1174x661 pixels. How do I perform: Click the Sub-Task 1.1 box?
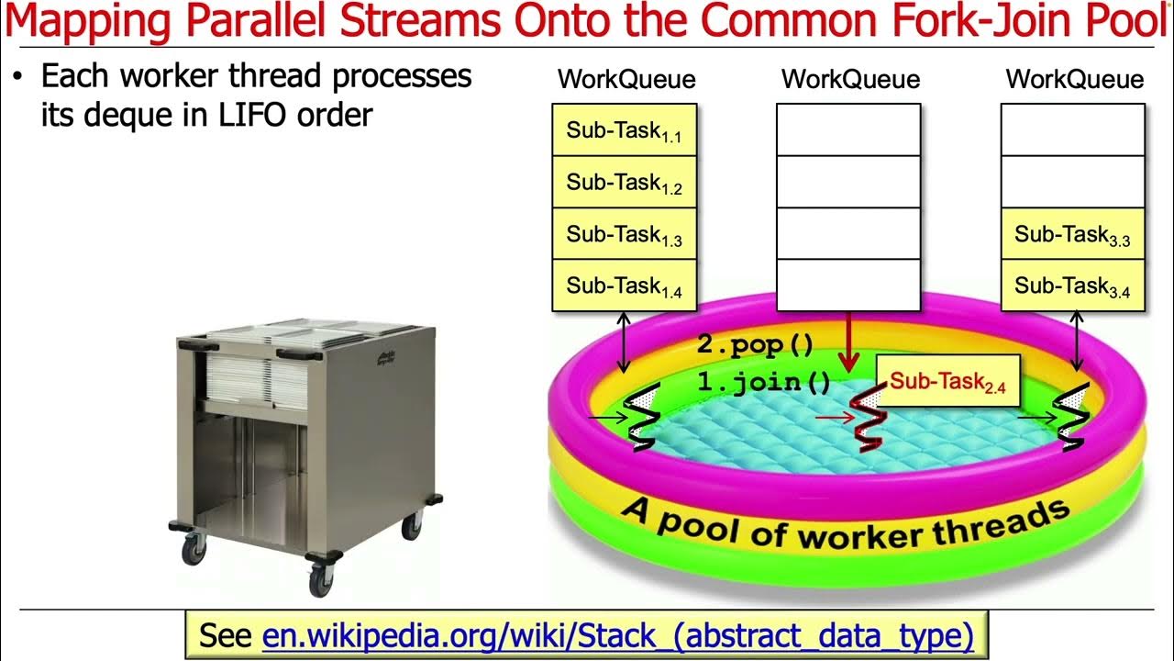click(x=624, y=130)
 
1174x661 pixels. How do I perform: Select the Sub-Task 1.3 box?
click(x=624, y=234)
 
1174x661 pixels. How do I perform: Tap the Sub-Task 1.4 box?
click(x=624, y=286)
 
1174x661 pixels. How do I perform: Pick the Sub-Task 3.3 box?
click(x=1072, y=234)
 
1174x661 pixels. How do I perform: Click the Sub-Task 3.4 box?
click(x=1072, y=286)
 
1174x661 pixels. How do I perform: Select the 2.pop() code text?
click(x=755, y=345)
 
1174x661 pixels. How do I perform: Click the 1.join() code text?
click(x=764, y=382)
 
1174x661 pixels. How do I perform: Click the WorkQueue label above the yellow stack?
click(x=626, y=80)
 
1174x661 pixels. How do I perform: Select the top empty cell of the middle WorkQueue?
click(x=848, y=129)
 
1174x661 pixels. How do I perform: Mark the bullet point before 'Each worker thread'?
click(x=17, y=77)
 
